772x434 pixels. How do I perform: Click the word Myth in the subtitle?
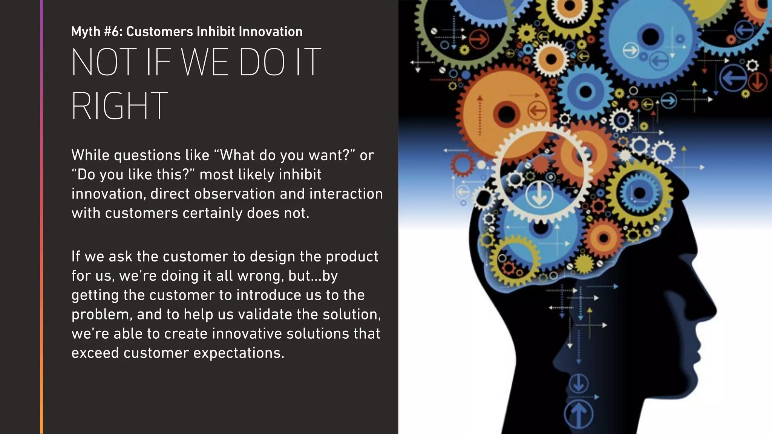pyautogui.click(x=86, y=32)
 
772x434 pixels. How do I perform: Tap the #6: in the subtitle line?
pyautogui.click(x=113, y=32)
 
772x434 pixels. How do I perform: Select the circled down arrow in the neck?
pyautogui.click(x=579, y=384)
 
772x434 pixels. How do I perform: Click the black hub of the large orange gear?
pyautogui.click(x=507, y=114)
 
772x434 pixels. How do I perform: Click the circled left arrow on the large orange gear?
pyautogui.click(x=537, y=111)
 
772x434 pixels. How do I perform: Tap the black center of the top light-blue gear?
pyautogui.click(x=650, y=37)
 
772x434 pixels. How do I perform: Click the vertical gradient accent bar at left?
pyautogui.click(x=41, y=217)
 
